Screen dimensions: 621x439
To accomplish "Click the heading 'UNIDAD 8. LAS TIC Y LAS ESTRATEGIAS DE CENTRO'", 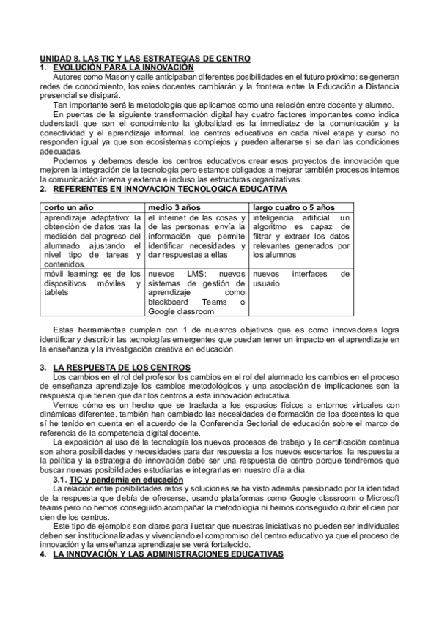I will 144,58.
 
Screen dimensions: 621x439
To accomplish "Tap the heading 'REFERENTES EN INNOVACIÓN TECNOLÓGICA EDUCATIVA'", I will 165,190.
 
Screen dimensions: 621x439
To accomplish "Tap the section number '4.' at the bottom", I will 43,555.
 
